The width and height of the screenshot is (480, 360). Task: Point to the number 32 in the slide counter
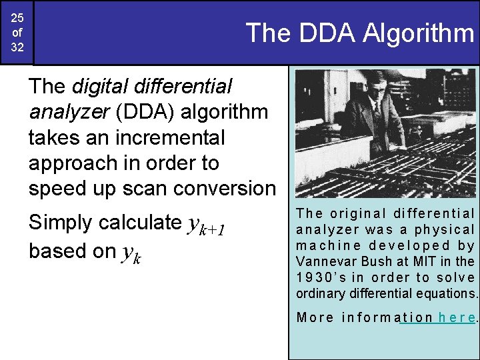(17, 48)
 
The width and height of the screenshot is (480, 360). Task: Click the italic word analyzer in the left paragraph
(69, 111)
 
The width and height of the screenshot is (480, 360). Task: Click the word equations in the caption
(449, 293)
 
